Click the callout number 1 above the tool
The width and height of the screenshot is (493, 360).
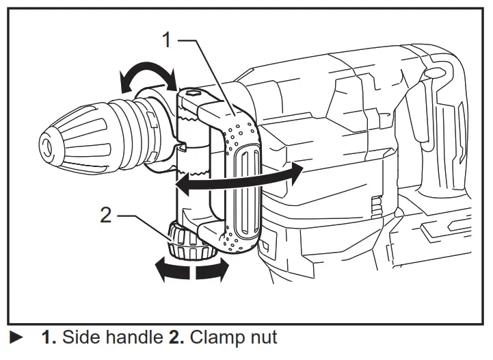coord(165,39)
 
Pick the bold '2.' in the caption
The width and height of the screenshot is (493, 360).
coord(176,337)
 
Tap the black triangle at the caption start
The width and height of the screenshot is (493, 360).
coord(15,338)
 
